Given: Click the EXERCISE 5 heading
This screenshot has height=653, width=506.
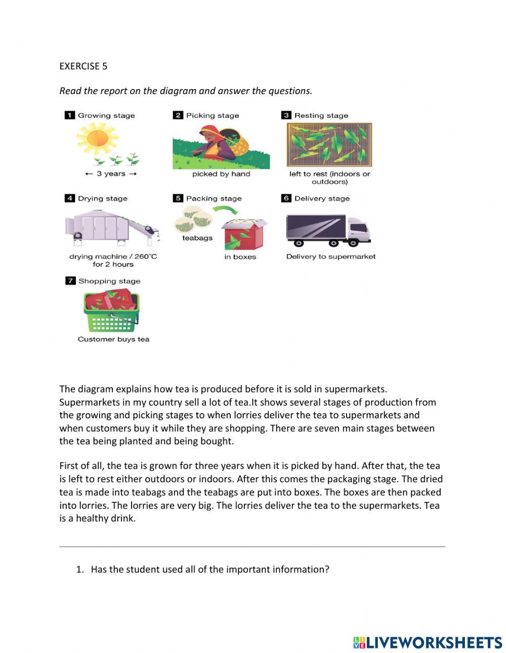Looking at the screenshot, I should pyautogui.click(x=83, y=66).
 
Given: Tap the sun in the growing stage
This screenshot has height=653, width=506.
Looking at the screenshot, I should pyautogui.click(x=97, y=138).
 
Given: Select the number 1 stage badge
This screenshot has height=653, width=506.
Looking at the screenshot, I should pyautogui.click(x=70, y=115).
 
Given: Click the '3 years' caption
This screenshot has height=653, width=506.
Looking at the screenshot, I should pyautogui.click(x=111, y=174).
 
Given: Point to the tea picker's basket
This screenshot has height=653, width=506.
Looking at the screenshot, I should pyautogui.click(x=238, y=143).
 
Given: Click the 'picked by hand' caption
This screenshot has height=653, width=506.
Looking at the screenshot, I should pyautogui.click(x=221, y=174).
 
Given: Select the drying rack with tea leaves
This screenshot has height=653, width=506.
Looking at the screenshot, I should pyautogui.click(x=329, y=145).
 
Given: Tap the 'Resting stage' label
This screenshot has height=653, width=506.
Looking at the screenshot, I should pyautogui.click(x=321, y=115).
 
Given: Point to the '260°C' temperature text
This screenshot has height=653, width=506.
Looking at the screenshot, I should pyautogui.click(x=146, y=256).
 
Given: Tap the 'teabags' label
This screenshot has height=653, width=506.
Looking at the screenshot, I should pyautogui.click(x=197, y=238).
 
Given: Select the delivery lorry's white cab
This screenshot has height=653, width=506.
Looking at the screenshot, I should pyautogui.click(x=358, y=231).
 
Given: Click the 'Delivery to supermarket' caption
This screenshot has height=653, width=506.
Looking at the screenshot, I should pyautogui.click(x=331, y=256).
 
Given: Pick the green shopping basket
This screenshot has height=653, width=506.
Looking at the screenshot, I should pyautogui.click(x=111, y=317).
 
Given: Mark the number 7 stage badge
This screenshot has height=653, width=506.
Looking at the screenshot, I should pyautogui.click(x=70, y=281).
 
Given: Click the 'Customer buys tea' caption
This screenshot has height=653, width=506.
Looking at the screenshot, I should pyautogui.click(x=113, y=339).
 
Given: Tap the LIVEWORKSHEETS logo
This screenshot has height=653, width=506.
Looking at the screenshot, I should pyautogui.click(x=428, y=642).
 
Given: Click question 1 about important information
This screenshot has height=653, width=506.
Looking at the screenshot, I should pyautogui.click(x=209, y=570).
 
